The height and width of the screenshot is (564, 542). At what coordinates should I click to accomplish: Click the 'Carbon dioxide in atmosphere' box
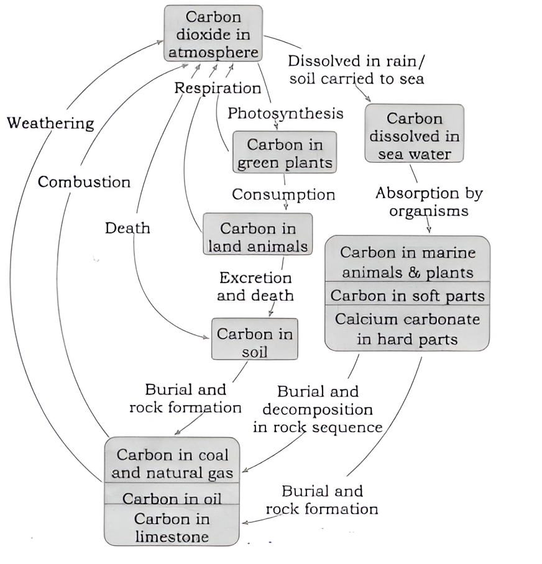click(213, 34)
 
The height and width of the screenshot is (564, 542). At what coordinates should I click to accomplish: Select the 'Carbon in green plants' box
click(285, 153)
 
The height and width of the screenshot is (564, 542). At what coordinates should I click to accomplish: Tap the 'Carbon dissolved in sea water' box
click(414, 135)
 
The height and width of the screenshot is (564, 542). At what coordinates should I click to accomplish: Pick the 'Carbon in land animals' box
click(257, 237)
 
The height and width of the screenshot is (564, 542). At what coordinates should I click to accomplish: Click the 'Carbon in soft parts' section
click(407, 296)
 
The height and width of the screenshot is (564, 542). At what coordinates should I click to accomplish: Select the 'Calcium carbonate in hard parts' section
click(407, 329)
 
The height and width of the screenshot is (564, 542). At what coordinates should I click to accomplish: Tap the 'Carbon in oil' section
click(171, 498)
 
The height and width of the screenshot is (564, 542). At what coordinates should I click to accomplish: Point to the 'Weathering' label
click(50, 123)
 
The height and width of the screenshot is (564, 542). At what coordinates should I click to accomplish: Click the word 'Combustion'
click(84, 182)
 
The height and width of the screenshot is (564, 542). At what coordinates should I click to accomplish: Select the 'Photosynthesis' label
click(285, 113)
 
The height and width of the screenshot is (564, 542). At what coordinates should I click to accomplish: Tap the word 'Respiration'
click(217, 88)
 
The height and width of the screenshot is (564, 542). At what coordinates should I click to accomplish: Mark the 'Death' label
click(127, 228)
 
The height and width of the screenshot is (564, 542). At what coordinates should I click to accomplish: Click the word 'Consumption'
click(283, 194)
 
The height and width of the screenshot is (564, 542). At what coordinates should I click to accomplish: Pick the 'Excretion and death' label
click(255, 286)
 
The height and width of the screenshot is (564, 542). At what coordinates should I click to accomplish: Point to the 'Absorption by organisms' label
click(429, 202)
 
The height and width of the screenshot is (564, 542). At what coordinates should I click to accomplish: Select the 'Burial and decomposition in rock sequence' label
click(317, 409)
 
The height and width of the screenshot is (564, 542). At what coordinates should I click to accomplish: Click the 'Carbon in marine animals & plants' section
click(407, 262)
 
